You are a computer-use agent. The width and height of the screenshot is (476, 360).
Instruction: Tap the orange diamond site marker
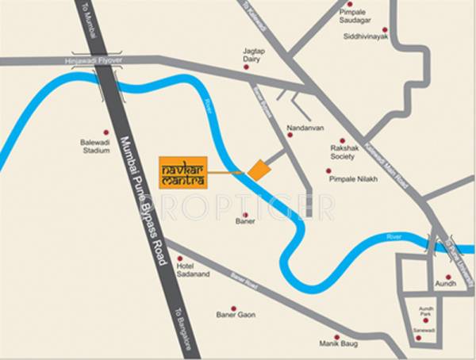256,170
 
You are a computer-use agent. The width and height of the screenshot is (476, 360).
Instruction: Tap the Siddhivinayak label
365,36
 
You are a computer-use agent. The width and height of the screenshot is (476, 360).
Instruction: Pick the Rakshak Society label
343,152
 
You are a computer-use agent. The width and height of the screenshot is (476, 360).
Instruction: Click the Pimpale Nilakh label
353,179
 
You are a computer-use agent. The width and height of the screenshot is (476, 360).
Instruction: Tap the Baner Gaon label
236,316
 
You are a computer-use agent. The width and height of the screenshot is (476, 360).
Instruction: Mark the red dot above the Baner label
245,213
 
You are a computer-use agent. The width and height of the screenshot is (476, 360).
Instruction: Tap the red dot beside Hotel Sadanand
181,259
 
